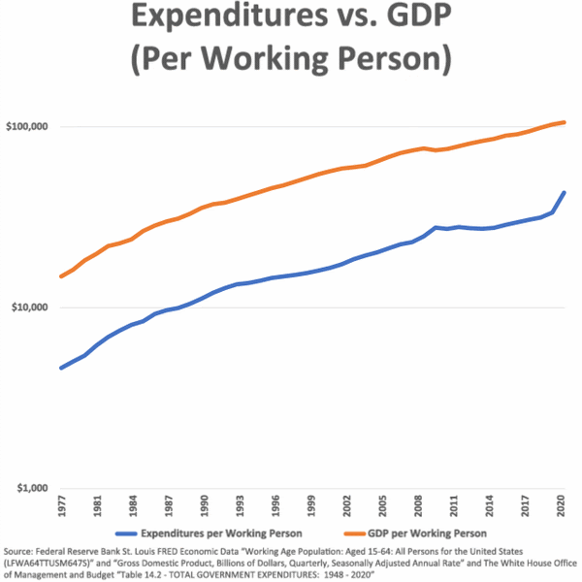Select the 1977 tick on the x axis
[62, 506]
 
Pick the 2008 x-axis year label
[416, 506]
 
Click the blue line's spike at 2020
[565, 193]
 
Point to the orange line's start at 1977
[61, 276]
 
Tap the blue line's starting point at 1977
[61, 368]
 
